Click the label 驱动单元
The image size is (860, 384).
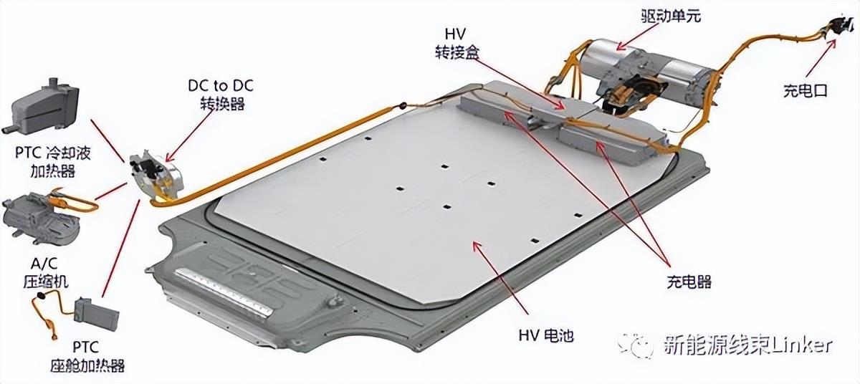click(671, 16)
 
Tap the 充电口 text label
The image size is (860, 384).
click(805, 90)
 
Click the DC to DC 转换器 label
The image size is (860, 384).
click(221, 95)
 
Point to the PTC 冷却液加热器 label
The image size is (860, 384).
click(52, 162)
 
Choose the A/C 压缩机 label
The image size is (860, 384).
click(45, 272)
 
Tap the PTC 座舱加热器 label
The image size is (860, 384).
click(87, 357)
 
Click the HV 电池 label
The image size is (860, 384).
click(546, 335)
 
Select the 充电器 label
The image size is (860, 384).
click(689, 282)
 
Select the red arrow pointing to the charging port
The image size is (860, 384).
click(820, 58)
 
